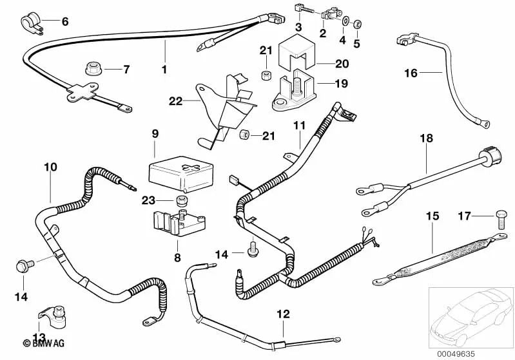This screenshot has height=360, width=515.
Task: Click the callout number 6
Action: tap(64, 22)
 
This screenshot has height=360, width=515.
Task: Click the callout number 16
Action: tap(411, 73)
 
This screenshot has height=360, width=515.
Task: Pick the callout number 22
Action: tap(176, 101)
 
